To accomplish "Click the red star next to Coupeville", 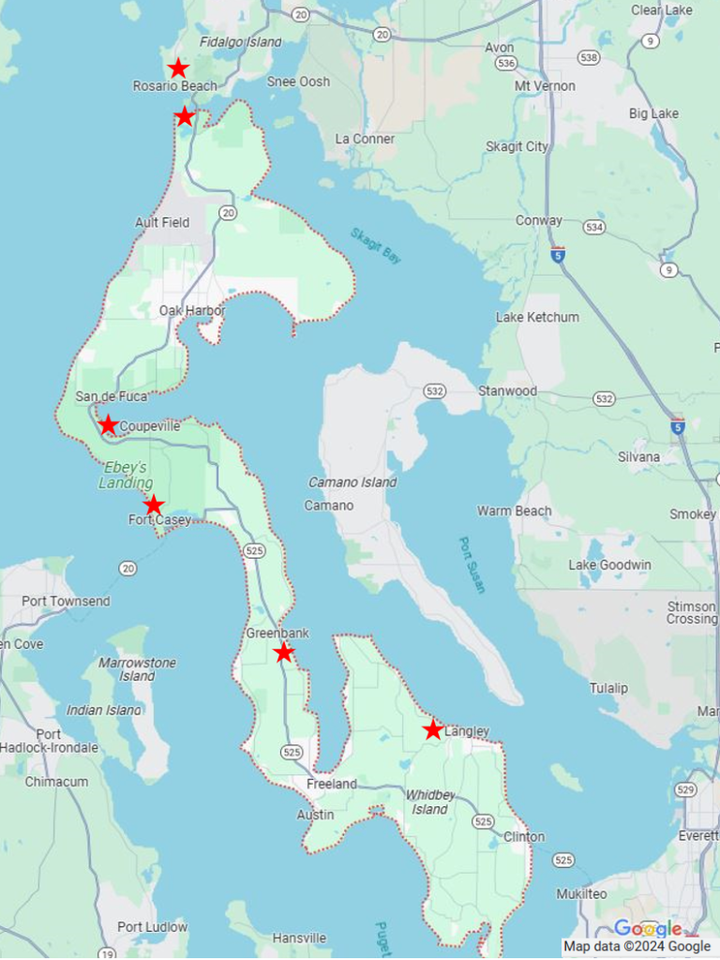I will [x=109, y=425].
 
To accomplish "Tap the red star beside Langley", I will [x=432, y=729].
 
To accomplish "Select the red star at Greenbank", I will [x=284, y=652].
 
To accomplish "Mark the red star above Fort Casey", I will [x=154, y=505].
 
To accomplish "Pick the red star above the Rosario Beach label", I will [x=178, y=68].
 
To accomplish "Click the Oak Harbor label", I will [x=192, y=310].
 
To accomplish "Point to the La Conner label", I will [x=365, y=139].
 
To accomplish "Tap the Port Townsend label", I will [x=66, y=601].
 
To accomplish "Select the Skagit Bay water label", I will [x=376, y=246].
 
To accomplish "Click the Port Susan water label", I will [x=472, y=564].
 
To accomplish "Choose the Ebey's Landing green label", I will [x=125, y=475].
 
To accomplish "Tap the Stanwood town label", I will [x=507, y=390].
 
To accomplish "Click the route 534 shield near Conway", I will [x=593, y=227].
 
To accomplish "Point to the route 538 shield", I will [x=589, y=58].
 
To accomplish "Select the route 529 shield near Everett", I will [x=687, y=790].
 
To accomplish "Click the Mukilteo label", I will [x=581, y=893].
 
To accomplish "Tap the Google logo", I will [x=648, y=929].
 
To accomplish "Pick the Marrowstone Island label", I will [x=137, y=669].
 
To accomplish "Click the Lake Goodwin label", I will [x=609, y=565].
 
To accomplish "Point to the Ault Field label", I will [x=162, y=222].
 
